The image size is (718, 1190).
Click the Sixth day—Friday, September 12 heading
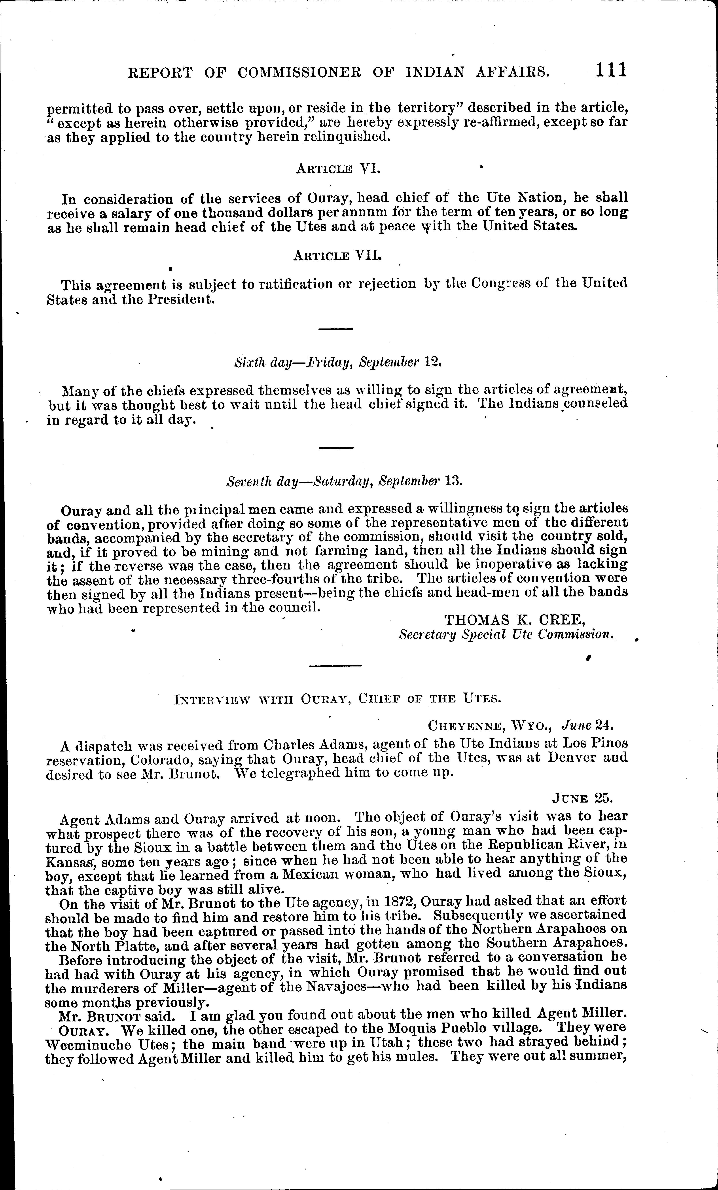click(x=338, y=362)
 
